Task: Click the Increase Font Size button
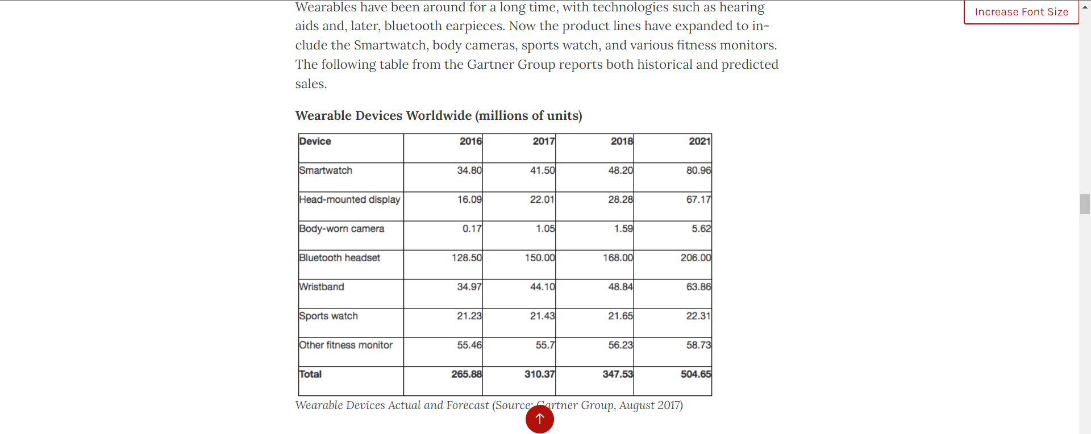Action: (x=1021, y=12)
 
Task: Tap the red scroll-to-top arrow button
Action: (x=539, y=419)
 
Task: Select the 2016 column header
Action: (x=470, y=141)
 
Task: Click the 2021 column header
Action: (x=699, y=141)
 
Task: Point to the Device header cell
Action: (x=315, y=141)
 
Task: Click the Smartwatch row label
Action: (x=326, y=170)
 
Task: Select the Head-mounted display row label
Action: (x=349, y=199)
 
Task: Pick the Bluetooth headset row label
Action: (x=339, y=258)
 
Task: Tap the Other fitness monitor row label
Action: (x=345, y=345)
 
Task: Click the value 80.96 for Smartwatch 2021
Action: (x=698, y=170)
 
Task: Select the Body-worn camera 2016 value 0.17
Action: (x=472, y=229)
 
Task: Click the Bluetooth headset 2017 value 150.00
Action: (x=540, y=258)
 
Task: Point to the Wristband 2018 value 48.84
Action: (x=620, y=287)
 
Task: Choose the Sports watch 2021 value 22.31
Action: (x=698, y=316)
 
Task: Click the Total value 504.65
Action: (x=696, y=374)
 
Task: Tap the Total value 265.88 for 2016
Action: (x=467, y=374)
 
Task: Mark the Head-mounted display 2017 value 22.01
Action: (x=542, y=199)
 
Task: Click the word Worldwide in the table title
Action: (x=439, y=116)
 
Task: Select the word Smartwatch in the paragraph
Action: (x=390, y=45)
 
